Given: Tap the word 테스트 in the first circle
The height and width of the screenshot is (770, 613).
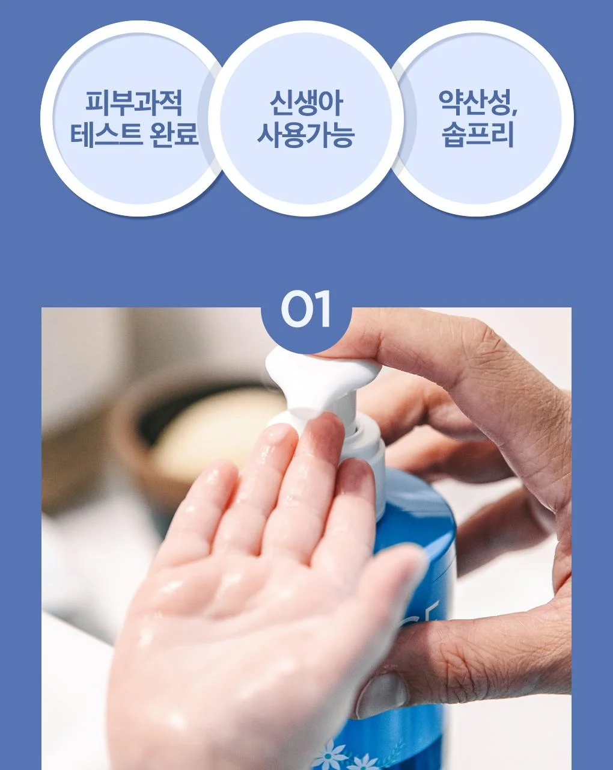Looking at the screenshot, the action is [x=105, y=134].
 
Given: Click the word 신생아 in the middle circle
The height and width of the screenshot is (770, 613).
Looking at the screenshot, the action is [x=306, y=103].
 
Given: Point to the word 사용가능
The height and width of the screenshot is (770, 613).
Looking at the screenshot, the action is [x=306, y=134].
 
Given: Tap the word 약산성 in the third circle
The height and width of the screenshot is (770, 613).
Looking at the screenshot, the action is [x=474, y=103].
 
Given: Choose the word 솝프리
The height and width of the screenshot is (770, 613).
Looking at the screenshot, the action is [x=478, y=134].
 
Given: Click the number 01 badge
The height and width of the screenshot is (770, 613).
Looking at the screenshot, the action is [x=306, y=309].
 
